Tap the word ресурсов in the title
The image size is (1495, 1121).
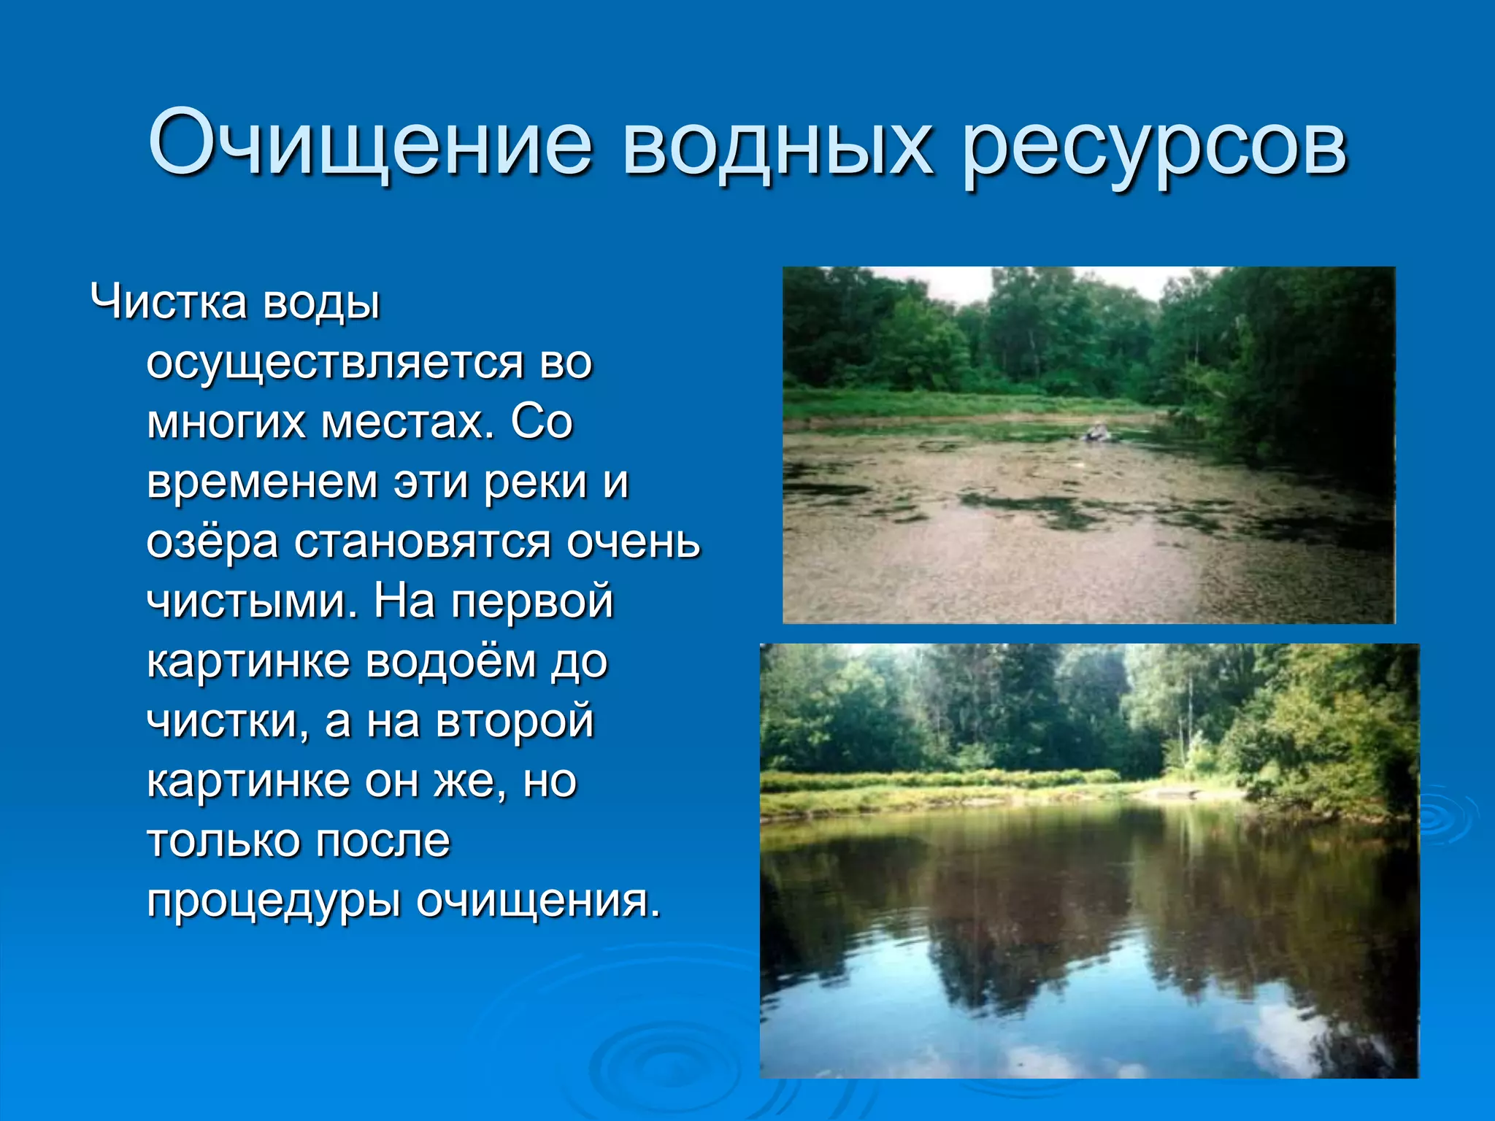[1153, 146]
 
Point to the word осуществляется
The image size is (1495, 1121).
[335, 363]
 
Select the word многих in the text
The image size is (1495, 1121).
[226, 423]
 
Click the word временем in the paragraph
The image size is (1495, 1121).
[261, 482]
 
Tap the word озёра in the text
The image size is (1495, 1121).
[212, 542]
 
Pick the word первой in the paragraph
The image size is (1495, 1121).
[531, 601]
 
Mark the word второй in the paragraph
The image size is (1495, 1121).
[515, 721]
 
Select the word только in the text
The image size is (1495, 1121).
[223, 841]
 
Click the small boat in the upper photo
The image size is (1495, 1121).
[1096, 433]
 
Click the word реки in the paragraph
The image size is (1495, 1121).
[536, 482]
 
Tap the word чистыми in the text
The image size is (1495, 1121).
[253, 601]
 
